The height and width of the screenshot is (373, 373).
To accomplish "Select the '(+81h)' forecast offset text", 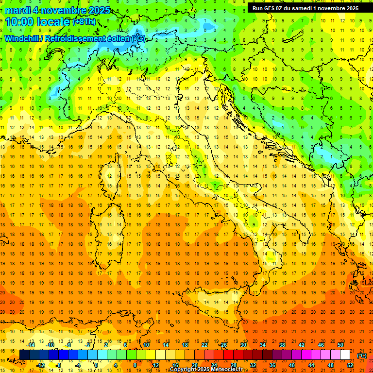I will (84, 22).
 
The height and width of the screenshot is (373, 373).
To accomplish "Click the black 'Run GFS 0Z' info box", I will (305, 8).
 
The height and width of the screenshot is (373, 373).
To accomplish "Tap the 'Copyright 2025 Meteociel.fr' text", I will (206, 370).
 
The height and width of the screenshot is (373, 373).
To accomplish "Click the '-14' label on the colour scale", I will (31, 345).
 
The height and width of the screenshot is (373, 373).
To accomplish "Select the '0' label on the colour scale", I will (96, 365).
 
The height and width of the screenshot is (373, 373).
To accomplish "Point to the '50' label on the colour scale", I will (340, 345).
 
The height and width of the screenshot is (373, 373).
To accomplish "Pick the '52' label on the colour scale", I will (350, 365).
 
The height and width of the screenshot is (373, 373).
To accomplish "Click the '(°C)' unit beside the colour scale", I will (362, 355).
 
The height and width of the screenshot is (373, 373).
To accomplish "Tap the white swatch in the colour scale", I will (345, 355).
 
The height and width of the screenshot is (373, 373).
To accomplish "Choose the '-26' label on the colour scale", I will (223, 345).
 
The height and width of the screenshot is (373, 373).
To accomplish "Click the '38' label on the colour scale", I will (282, 345).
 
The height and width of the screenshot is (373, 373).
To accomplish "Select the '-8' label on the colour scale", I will (58, 365).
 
